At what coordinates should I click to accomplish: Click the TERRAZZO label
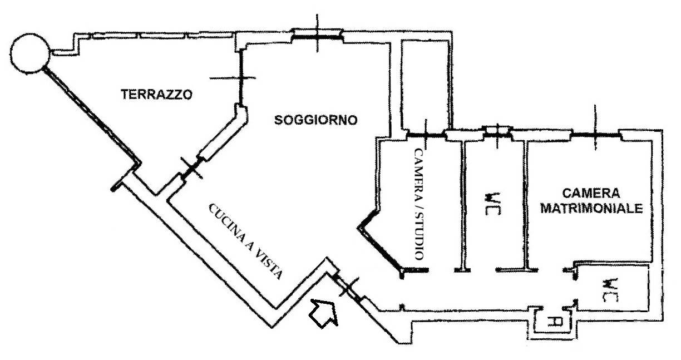157,94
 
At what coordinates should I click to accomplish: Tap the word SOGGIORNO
316,120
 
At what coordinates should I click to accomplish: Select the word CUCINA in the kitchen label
228,224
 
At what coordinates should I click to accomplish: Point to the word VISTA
269,264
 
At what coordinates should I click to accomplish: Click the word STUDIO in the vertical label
420,236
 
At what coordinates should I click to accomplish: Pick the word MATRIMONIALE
591,209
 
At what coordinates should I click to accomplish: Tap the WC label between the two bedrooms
492,204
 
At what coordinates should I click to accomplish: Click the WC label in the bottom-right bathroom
610,290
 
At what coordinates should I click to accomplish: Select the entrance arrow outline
323,313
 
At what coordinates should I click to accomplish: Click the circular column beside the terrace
30,53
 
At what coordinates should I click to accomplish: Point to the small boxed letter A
552,322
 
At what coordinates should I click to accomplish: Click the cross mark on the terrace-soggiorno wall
241,78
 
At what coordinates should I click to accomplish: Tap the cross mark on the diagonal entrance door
348,287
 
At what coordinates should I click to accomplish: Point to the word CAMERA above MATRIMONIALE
591,193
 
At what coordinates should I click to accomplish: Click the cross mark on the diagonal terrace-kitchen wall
191,167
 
